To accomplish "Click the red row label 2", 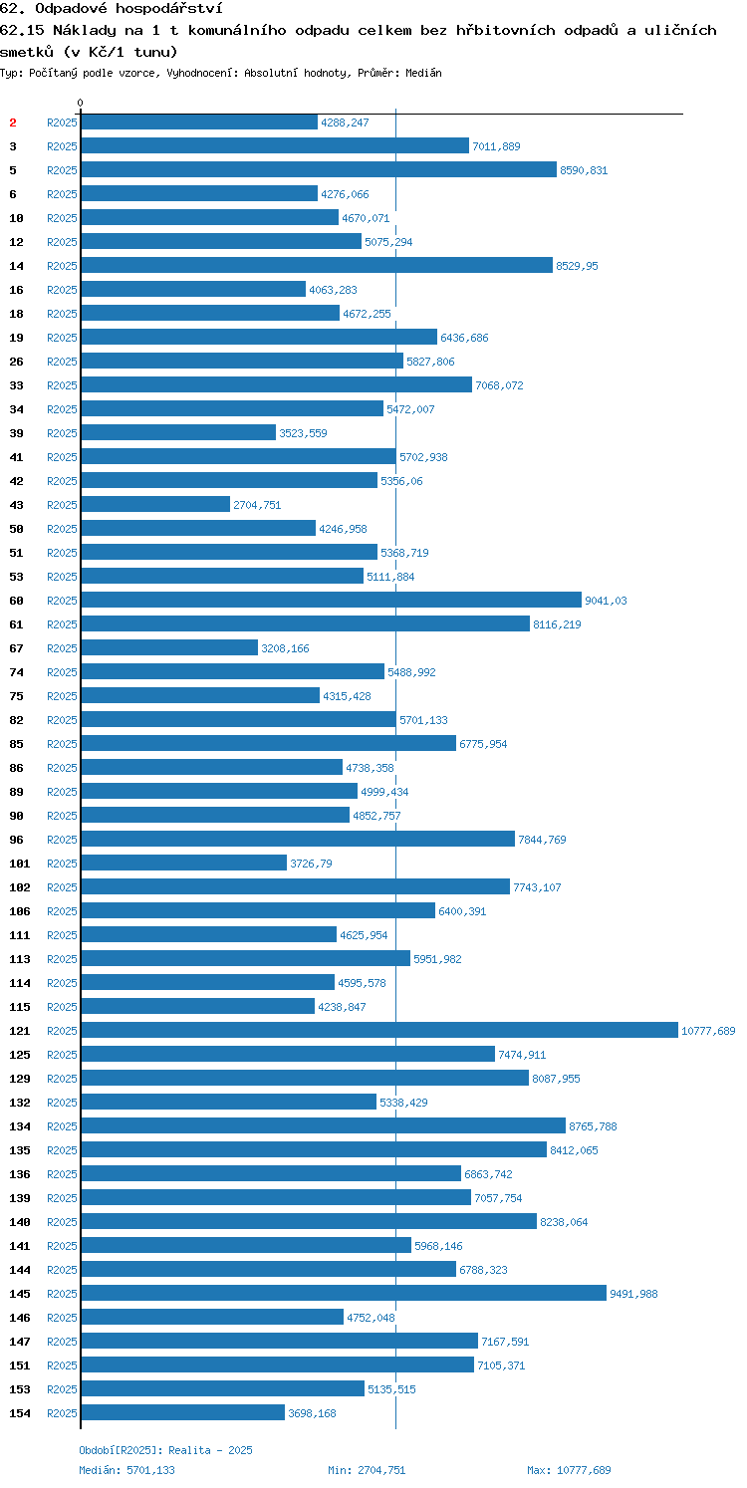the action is click(13, 123).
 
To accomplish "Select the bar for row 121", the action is click(379, 1030).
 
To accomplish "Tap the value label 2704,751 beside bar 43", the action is click(257, 505).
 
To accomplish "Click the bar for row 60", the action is click(331, 600).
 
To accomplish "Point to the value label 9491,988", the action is click(634, 1294).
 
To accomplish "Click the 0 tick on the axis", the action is click(81, 103).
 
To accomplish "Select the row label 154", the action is click(20, 1413).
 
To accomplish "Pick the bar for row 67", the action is click(169, 647).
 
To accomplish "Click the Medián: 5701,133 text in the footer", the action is click(126, 1470).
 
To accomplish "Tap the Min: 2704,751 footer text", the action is click(367, 1470).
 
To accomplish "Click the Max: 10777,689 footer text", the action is click(569, 1470).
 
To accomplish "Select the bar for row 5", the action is click(319, 169).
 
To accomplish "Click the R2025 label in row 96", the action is click(62, 840).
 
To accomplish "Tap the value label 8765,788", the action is click(593, 1126).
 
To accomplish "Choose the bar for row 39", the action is click(178, 432).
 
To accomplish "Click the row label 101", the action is click(20, 864).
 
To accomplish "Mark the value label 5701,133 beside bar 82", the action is click(423, 720).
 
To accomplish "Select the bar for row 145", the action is click(344, 1293).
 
